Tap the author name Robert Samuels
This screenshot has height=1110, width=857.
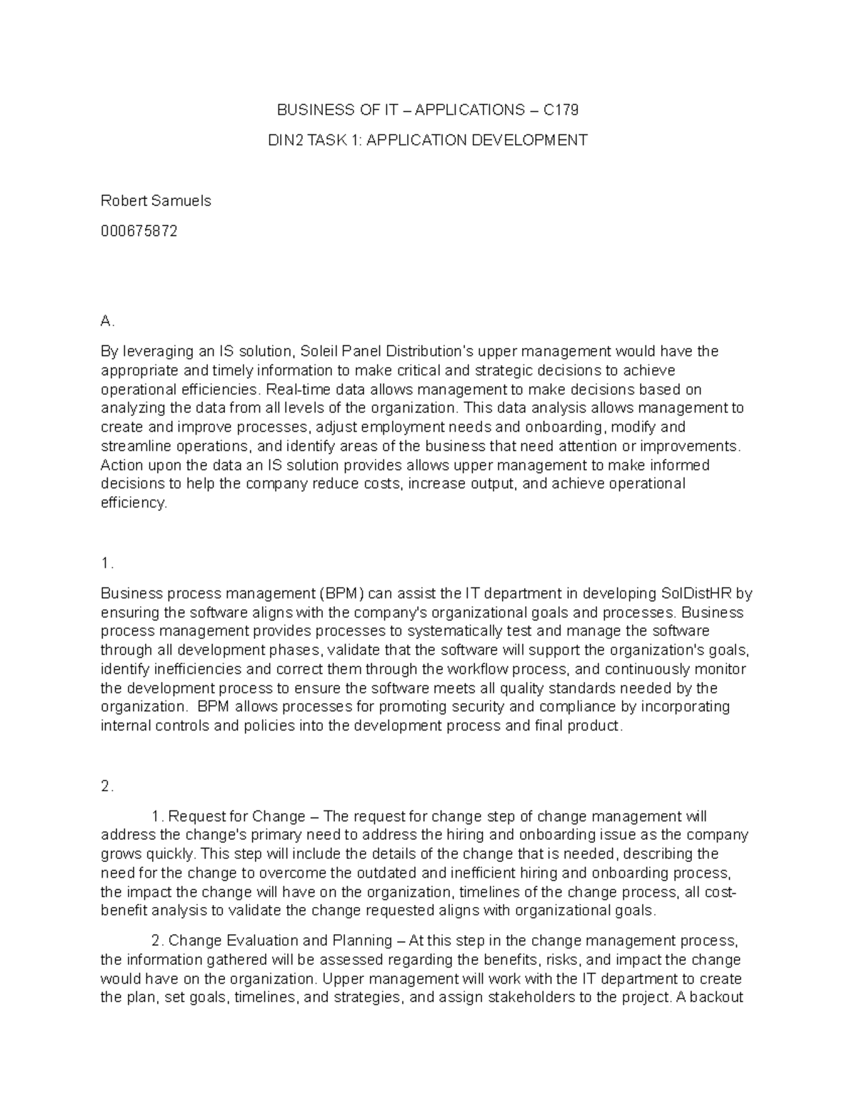coord(156,201)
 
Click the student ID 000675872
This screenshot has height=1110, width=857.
coord(139,232)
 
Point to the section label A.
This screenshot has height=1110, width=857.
coord(108,322)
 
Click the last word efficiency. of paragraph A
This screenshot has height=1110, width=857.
coord(134,502)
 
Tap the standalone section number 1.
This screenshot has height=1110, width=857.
coord(107,563)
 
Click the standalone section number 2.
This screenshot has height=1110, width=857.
coord(108,787)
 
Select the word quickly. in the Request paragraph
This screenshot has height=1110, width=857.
coord(171,854)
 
